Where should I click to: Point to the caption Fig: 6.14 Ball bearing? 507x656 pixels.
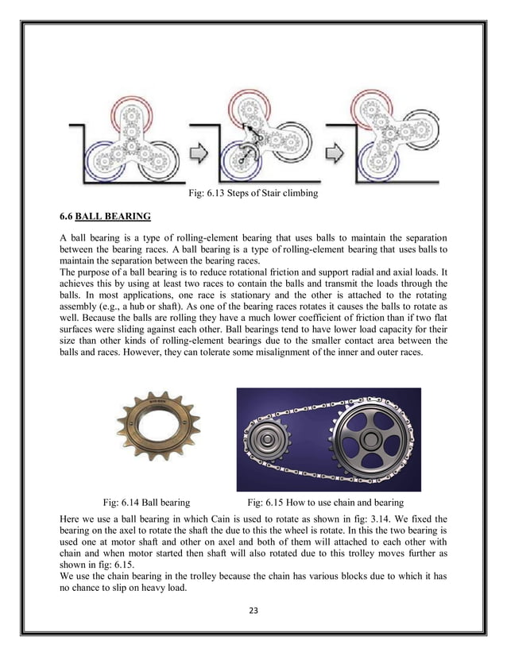point(146,502)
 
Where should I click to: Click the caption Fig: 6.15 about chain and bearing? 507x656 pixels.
point(326,502)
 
